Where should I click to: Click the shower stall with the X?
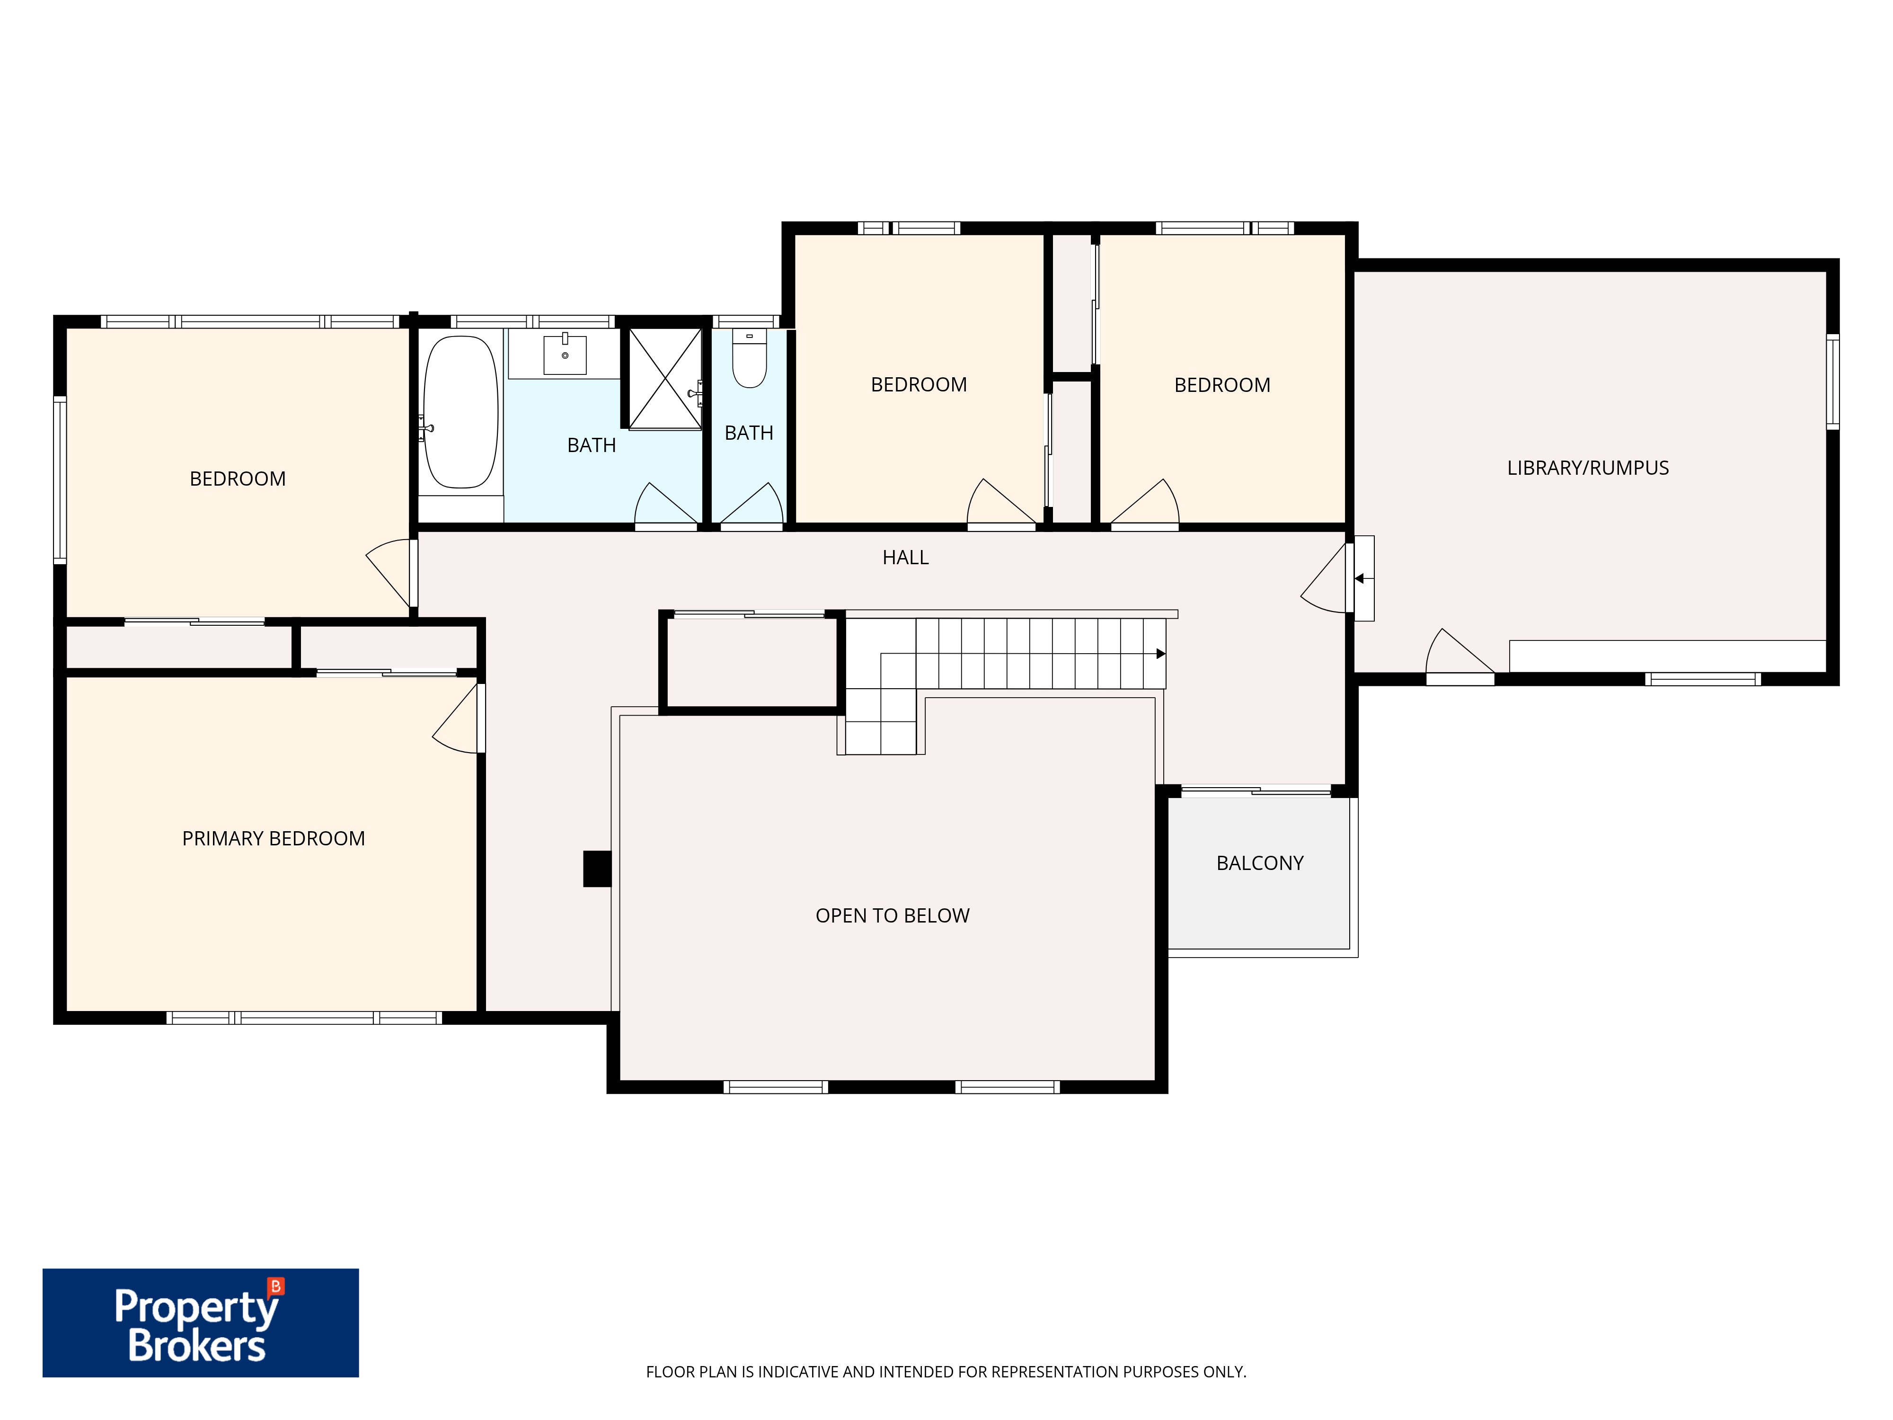(x=665, y=378)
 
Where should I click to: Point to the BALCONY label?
(x=1260, y=863)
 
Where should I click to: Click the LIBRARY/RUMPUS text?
(x=1587, y=468)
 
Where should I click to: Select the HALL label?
(x=905, y=557)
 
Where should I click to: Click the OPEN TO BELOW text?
(x=893, y=916)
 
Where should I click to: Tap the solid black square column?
(x=597, y=869)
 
